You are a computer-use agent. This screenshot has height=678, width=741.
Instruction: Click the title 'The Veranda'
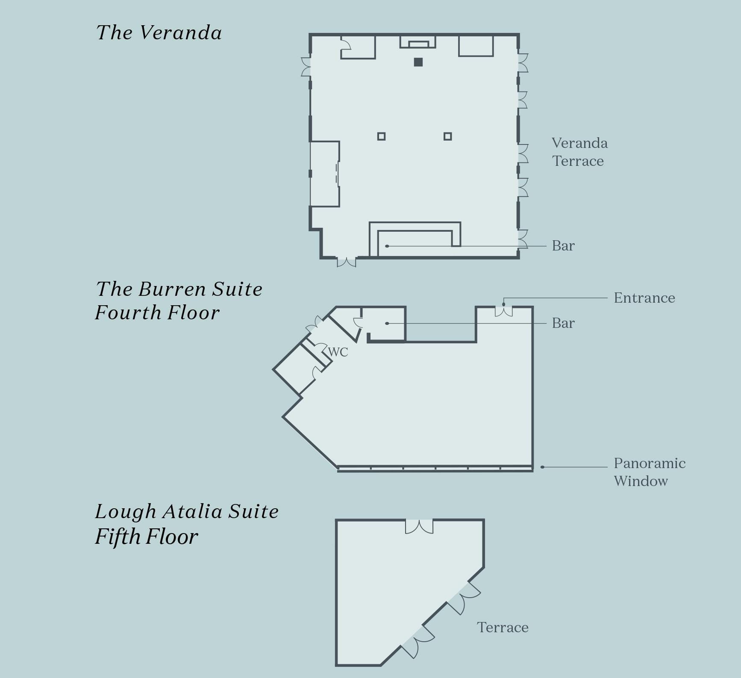tap(159, 33)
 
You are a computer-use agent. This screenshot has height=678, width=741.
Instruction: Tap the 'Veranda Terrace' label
tap(579, 152)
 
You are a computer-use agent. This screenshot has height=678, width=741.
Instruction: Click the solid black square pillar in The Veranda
tap(418, 62)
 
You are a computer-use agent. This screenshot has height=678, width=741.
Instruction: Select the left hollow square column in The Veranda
tap(381, 136)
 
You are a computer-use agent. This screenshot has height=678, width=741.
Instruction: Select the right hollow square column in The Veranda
tap(447, 136)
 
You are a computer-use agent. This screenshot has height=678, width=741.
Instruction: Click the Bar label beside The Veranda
tap(563, 246)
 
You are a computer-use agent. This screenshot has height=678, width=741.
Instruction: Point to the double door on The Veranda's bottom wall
tap(347, 262)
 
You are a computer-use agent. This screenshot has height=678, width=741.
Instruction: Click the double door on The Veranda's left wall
tap(306, 67)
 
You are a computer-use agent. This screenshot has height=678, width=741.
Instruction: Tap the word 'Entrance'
tap(644, 298)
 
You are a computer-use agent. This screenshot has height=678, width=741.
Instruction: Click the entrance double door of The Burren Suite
tap(503, 311)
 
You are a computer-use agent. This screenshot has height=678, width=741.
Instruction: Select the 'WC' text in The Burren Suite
tap(338, 352)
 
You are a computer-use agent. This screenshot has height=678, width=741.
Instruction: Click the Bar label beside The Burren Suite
tap(563, 323)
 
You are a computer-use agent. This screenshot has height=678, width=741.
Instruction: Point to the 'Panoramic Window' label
tap(649, 472)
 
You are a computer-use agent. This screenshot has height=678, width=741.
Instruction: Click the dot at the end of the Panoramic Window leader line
tap(542, 467)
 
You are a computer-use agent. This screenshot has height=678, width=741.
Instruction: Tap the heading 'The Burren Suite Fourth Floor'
tap(179, 301)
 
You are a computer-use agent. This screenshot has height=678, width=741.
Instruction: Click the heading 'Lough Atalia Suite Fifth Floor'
tap(186, 524)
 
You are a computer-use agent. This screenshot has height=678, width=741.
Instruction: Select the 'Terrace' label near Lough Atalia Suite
tap(503, 628)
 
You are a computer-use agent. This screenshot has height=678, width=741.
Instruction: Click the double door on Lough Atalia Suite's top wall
tap(419, 526)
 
